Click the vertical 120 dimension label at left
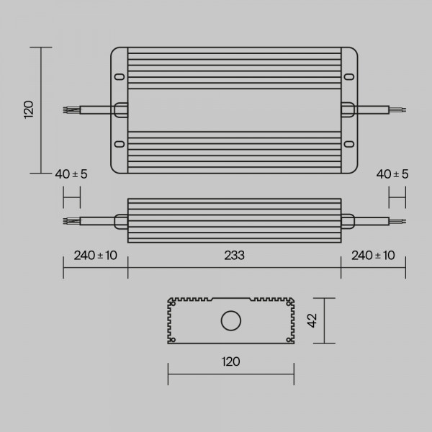[29, 109]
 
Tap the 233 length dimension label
[234, 256]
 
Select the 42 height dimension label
[312, 320]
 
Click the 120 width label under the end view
[231, 361]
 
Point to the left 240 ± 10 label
[95, 256]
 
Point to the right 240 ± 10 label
[373, 256]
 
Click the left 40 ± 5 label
[71, 174]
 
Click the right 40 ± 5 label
[392, 174]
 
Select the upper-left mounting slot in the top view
[120, 76]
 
